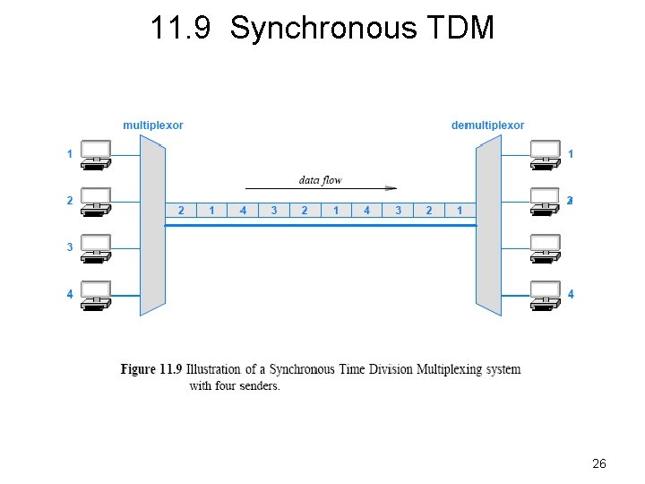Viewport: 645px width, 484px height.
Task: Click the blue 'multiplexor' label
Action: [x=153, y=125]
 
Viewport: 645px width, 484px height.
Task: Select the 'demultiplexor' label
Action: [x=487, y=125]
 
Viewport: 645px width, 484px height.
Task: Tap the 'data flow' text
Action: [x=320, y=180]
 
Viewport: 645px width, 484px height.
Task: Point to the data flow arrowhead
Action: [x=391, y=188]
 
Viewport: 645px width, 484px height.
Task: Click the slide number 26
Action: [x=599, y=463]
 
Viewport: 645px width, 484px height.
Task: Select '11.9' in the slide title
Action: [x=182, y=29]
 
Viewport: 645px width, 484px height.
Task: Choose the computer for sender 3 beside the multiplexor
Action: [x=96, y=248]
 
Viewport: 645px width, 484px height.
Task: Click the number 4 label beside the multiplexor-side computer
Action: [x=70, y=294]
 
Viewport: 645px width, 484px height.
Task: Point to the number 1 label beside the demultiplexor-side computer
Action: [x=571, y=154]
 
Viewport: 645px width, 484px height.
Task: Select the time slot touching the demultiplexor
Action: [x=460, y=211]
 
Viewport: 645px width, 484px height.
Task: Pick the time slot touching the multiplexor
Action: [x=181, y=211]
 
